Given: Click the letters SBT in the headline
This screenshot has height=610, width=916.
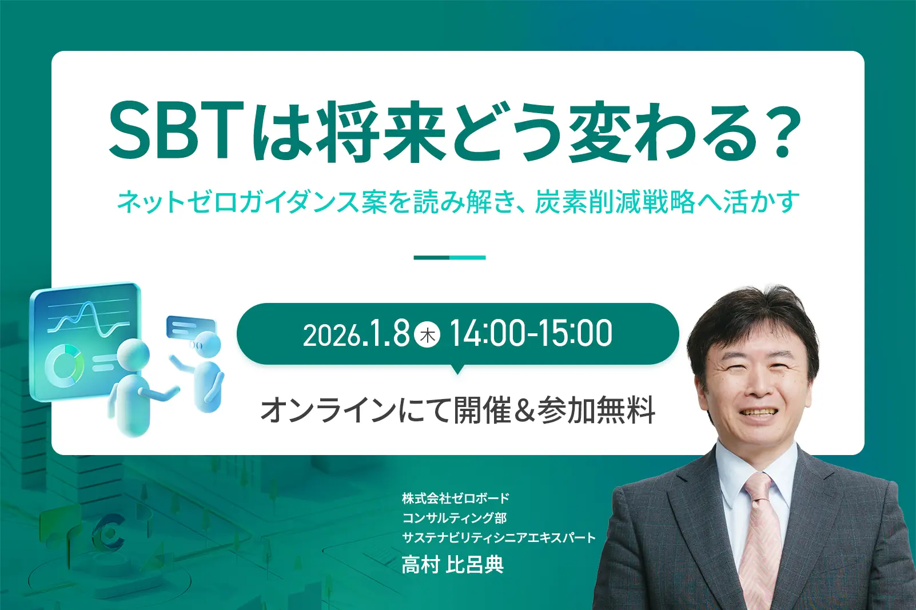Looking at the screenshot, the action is [x=177, y=130].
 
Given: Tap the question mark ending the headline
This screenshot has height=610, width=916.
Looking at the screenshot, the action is [x=781, y=130].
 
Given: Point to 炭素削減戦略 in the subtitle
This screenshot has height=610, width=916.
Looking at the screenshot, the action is [x=615, y=202].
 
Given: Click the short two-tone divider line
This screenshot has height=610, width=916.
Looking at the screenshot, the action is [x=449, y=258].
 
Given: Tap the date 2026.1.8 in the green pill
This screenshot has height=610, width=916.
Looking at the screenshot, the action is [x=356, y=334].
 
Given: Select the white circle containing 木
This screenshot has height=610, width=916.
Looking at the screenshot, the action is [x=427, y=335].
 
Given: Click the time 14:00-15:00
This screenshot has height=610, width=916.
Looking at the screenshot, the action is [x=531, y=334].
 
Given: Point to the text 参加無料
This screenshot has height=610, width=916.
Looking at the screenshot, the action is [x=596, y=410].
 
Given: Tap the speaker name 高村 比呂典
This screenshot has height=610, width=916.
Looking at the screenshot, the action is [x=453, y=565].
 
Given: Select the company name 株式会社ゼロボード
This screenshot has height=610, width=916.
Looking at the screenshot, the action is [x=456, y=498].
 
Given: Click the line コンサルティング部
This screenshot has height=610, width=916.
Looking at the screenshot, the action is [x=455, y=517].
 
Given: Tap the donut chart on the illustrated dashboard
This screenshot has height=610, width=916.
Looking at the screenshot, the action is [x=65, y=365].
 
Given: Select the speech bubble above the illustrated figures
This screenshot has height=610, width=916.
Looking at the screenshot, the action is [x=191, y=328].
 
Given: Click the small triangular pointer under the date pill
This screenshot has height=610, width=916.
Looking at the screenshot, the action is [x=457, y=369].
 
